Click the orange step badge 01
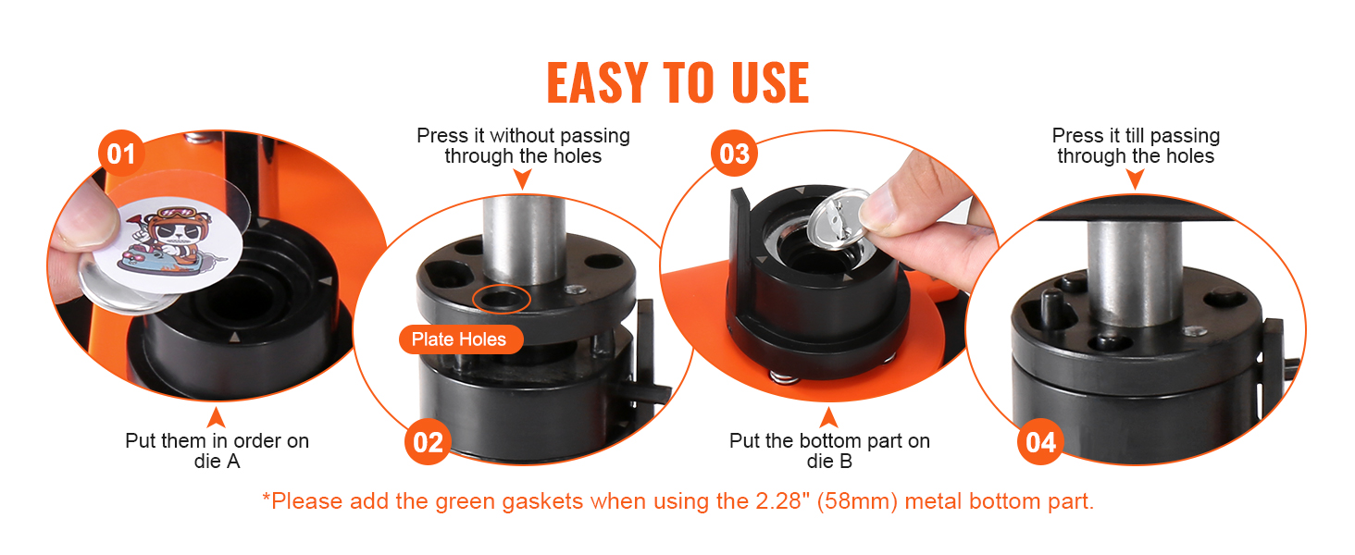click(121, 154)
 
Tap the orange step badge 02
click(428, 442)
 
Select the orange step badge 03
click(734, 154)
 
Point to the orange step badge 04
click(1040, 442)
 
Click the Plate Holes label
click(461, 339)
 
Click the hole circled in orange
click(502, 300)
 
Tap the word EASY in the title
click(598, 83)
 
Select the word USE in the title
click(770, 83)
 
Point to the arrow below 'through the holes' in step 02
click(522, 179)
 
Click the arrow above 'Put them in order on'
click(216, 418)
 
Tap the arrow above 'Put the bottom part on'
click(828, 418)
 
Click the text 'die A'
click(218, 462)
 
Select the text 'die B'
click(829, 462)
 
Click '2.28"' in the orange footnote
click(782, 501)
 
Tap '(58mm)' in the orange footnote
click(857, 501)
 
